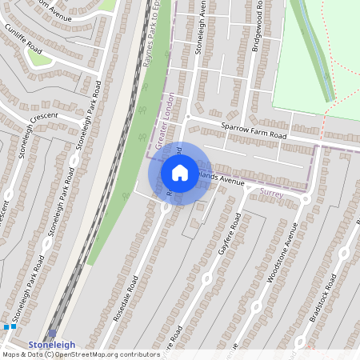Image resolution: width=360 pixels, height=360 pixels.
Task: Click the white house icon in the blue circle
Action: click(180, 173)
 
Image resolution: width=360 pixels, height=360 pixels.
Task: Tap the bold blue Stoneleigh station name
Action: click(52, 345)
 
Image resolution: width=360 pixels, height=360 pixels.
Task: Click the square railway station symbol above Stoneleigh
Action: click(52, 334)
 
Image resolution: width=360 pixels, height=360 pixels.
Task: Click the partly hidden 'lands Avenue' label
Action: click(225, 180)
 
